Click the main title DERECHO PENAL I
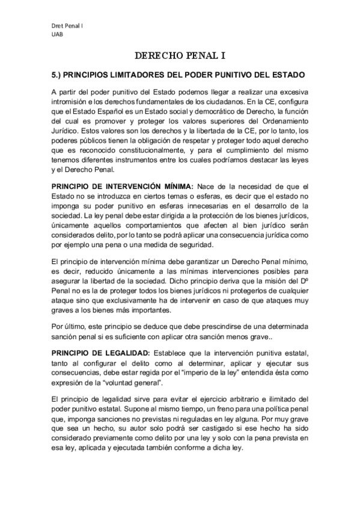pos(180,56)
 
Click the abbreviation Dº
pos(304,284)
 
